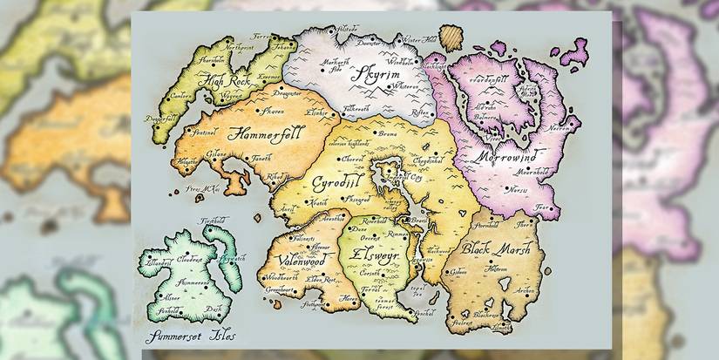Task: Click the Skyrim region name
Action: pos(376,73)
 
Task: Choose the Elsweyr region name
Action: pos(371,259)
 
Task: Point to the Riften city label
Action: pos(418,112)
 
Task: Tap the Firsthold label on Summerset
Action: pos(214,222)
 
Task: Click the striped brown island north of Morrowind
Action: pos(451,38)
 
